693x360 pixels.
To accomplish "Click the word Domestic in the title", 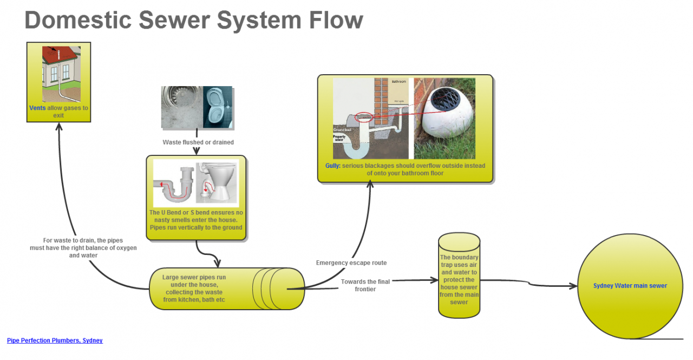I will (x=79, y=21).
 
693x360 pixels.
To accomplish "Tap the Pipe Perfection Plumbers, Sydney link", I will (x=55, y=341).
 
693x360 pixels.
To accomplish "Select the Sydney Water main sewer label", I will (x=630, y=286).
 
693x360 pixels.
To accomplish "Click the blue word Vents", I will (x=37, y=108).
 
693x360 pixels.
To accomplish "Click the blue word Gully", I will (x=332, y=166).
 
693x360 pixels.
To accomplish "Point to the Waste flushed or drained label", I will (x=198, y=142).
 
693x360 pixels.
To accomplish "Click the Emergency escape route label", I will (x=351, y=263).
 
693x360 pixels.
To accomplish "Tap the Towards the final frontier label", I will (x=365, y=285).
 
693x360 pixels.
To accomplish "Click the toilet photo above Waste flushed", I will (x=218, y=108).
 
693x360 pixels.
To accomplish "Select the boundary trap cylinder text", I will (x=459, y=280).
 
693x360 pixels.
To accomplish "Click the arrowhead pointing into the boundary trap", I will (x=434, y=280).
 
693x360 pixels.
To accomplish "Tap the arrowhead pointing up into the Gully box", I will (x=370, y=185).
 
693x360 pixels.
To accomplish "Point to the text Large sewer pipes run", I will (x=194, y=277).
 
